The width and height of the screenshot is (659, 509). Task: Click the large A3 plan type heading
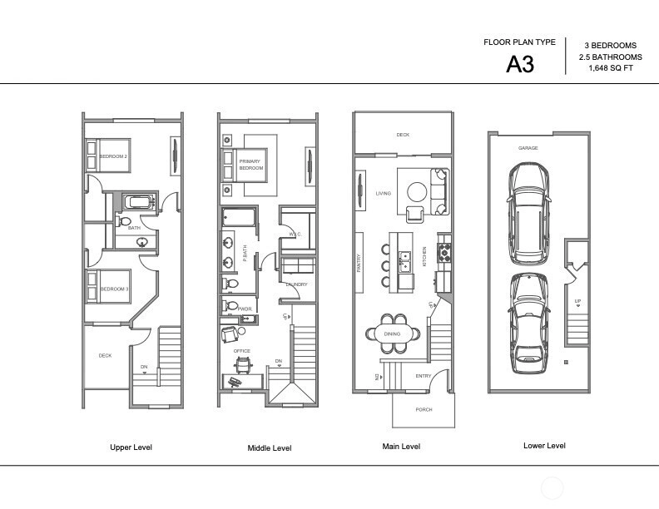pos(520,64)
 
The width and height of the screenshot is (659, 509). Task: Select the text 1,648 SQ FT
pos(611,68)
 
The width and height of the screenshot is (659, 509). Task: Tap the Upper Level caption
pos(131,447)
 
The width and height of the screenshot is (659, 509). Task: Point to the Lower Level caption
pos(544,446)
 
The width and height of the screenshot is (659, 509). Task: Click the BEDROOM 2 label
pos(113,156)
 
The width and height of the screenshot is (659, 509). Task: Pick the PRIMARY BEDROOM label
pos(251,165)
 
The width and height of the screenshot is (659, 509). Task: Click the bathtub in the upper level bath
pos(139,202)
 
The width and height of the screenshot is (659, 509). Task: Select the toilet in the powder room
pos(230,305)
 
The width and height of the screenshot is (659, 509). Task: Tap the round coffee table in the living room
pos(417,192)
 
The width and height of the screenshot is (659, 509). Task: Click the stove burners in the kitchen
pos(444,253)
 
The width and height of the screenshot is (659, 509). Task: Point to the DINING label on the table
pos(392,334)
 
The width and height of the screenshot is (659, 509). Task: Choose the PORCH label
pos(424,409)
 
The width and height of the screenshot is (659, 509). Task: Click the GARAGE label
pos(528,148)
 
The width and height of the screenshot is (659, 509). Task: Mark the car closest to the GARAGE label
pos(528,214)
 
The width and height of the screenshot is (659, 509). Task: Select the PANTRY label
pos(359,263)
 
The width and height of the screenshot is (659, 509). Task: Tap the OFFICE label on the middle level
pos(241,351)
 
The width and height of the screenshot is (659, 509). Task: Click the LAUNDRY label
pos(297,284)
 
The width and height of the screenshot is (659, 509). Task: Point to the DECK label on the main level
pos(403,135)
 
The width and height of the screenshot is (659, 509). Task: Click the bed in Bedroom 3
pos(108,286)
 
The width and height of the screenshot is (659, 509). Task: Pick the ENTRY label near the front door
pos(424,376)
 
